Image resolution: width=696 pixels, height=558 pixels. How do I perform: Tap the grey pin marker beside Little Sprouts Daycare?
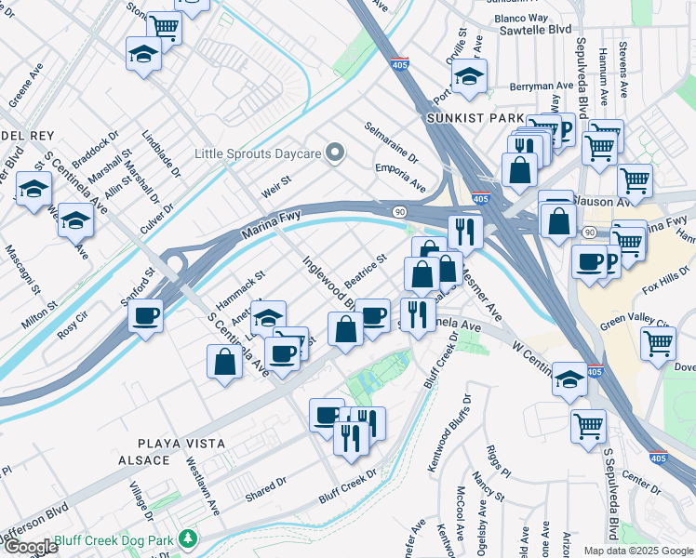pos(337,153)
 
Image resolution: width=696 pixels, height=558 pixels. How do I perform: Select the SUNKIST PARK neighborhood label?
pos(462,119)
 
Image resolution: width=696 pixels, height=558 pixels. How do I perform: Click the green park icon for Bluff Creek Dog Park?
pos(189,538)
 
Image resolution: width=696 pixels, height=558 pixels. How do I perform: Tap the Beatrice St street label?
pos(365,271)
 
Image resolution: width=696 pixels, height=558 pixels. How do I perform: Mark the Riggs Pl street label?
pos(498,458)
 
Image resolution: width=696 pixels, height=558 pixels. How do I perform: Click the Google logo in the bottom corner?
pos(30,547)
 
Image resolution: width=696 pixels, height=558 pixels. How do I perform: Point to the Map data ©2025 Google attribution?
pos(637,551)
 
